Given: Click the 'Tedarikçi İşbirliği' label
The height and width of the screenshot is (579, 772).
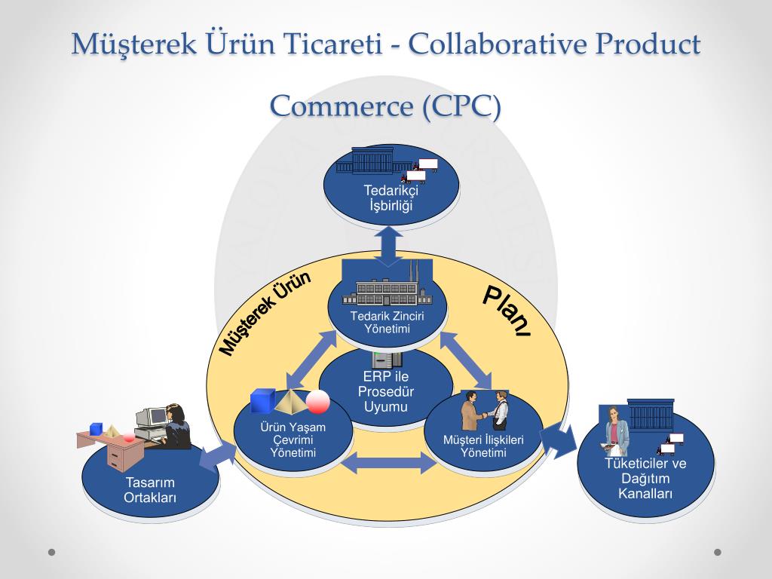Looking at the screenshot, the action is pos(391,198).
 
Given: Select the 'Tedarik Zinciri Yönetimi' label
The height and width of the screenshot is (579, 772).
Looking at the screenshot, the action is pos(387,322).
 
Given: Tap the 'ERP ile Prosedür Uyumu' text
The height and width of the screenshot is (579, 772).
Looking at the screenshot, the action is pos(385,391).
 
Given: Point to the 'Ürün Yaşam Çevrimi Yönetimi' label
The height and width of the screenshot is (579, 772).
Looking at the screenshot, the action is pos(293,440).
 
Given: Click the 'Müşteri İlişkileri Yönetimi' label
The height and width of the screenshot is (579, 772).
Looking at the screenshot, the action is pos(483,446).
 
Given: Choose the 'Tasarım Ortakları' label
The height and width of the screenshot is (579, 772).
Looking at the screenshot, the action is pos(150,490).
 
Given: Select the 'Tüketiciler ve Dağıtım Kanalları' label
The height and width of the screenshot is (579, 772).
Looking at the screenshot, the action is pos(645,478).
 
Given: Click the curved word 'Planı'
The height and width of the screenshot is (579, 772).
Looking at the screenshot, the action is pos(506,311).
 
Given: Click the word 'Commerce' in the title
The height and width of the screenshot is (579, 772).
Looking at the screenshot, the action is pos(342,106).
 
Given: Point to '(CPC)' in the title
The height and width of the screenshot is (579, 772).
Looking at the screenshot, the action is pos(461,106).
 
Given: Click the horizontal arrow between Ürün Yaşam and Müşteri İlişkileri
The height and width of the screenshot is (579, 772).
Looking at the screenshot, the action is pos(388,463).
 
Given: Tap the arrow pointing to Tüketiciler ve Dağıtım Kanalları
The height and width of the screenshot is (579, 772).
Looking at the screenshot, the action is pos(559,440).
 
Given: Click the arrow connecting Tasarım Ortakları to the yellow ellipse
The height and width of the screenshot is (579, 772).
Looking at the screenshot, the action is pos(218,456).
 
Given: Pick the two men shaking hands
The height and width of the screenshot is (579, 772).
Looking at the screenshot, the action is pos(485,410).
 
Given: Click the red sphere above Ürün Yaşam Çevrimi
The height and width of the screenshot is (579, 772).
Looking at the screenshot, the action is pos(317,401).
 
